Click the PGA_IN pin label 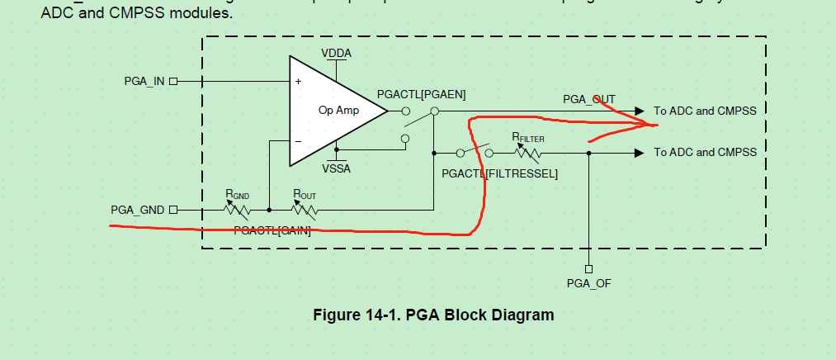(x=144, y=82)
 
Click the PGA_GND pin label (x=138, y=210)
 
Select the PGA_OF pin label (x=588, y=283)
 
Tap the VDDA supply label (x=337, y=53)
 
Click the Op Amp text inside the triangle (x=338, y=110)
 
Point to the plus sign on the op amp (x=298, y=82)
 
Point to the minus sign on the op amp (x=298, y=140)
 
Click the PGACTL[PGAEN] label (x=421, y=95)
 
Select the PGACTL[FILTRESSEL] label (x=500, y=174)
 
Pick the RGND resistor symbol (x=238, y=210)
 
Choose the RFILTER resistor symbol (x=528, y=153)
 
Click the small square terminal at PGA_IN (x=173, y=82)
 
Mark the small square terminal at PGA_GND (x=173, y=210)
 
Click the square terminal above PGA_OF (x=588, y=268)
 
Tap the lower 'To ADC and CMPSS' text (x=705, y=153)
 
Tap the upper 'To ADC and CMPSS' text (x=705, y=111)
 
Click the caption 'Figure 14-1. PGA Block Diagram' (x=433, y=315)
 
